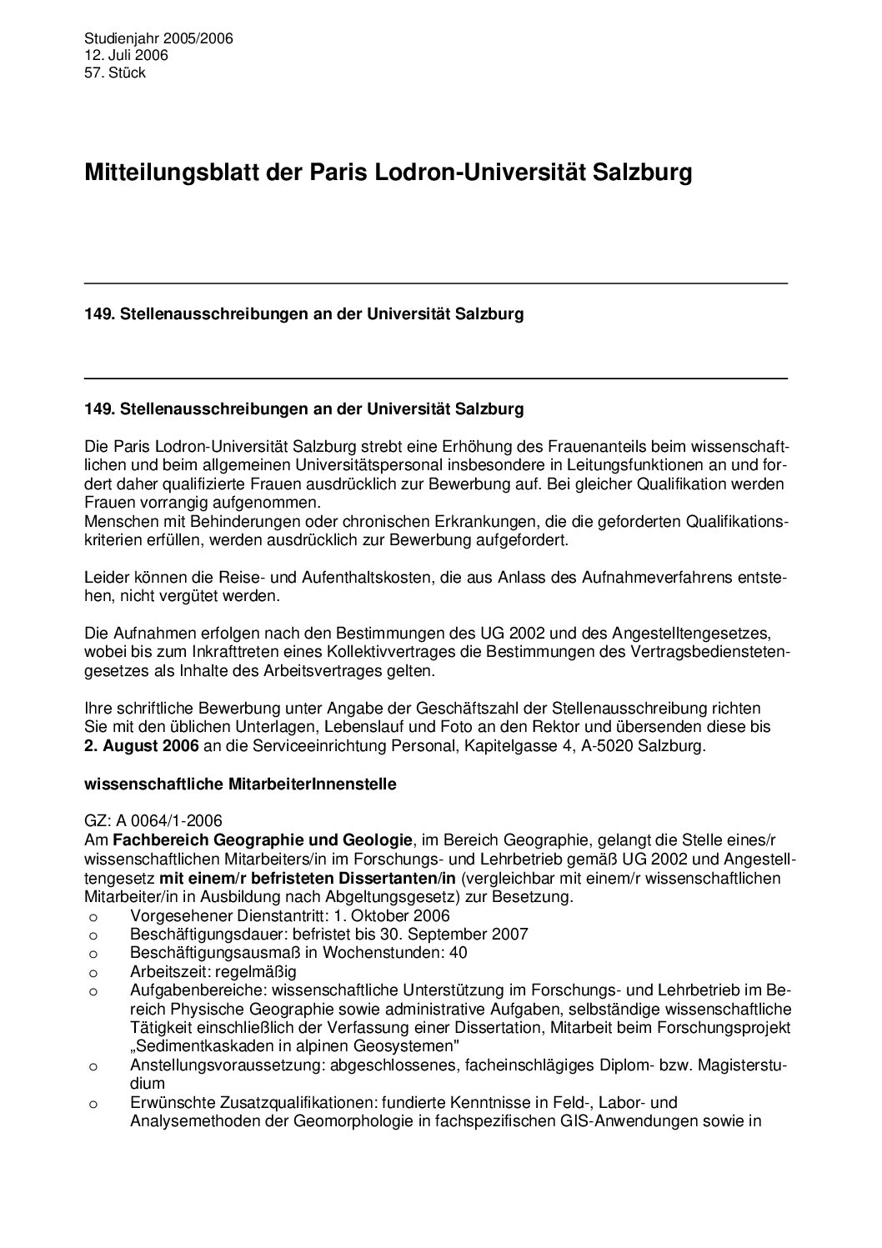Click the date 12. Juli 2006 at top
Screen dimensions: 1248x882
pos(126,55)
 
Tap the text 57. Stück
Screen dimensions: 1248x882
pos(115,73)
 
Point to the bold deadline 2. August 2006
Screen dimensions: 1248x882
pos(142,746)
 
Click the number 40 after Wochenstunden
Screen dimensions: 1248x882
pos(459,952)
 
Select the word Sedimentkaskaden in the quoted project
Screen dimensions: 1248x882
pos(195,1046)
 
